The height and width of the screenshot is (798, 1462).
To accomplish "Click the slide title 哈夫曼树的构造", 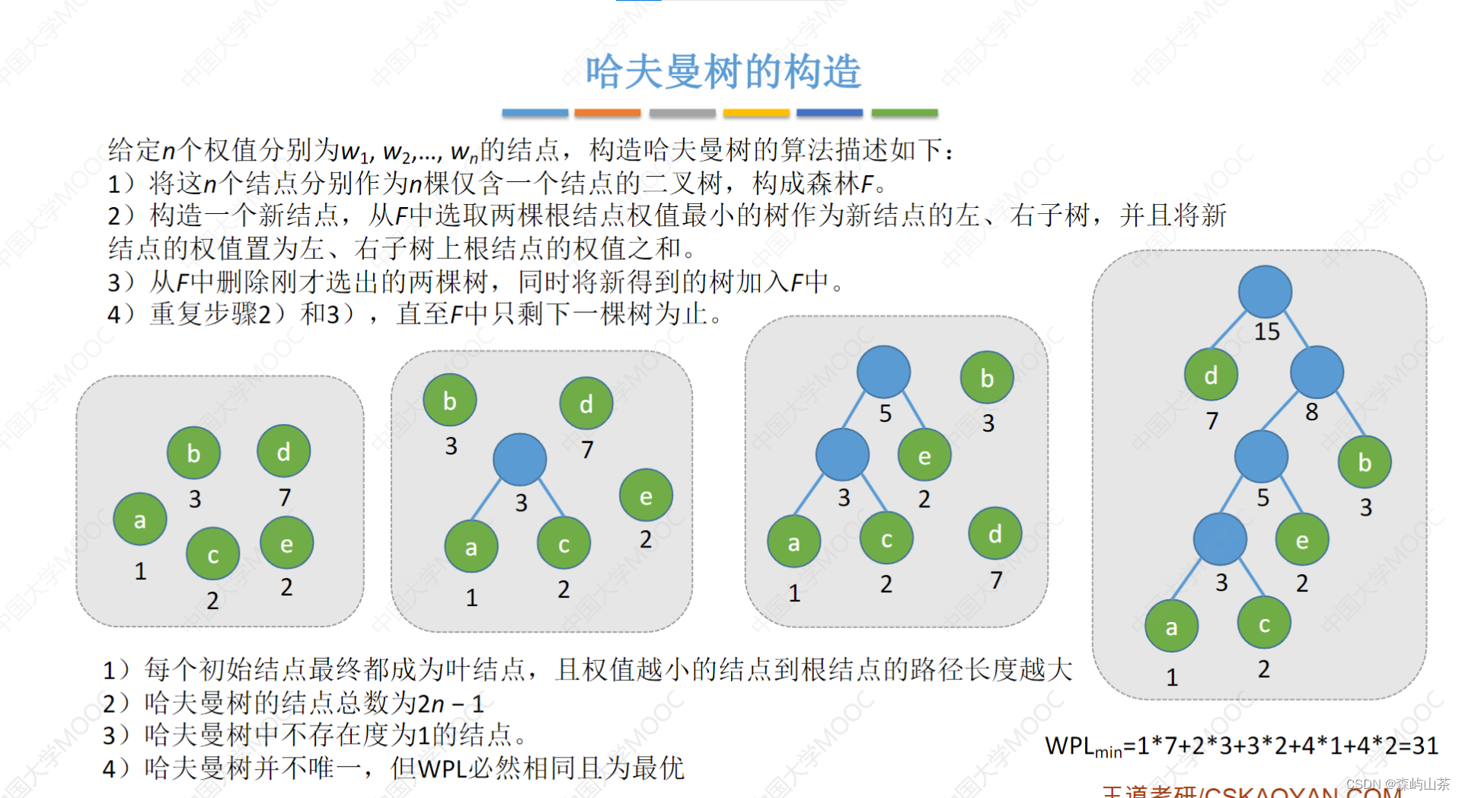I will click(x=723, y=72).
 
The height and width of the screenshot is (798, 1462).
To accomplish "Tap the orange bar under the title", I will click(x=607, y=113).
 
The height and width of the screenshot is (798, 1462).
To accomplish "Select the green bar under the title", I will click(x=904, y=113).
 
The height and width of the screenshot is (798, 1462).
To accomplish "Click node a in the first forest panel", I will click(x=140, y=519).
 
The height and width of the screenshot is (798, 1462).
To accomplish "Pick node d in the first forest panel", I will click(x=283, y=452).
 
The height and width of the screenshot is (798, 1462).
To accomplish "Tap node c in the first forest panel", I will click(x=213, y=554).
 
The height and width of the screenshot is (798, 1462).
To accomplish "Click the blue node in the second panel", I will click(x=520, y=459).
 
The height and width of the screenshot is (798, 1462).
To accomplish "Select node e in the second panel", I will click(x=646, y=496).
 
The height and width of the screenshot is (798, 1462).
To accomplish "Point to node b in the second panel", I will click(x=450, y=401).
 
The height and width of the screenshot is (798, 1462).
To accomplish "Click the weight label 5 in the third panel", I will click(x=885, y=413).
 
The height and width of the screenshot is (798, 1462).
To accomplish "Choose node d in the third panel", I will click(x=994, y=533).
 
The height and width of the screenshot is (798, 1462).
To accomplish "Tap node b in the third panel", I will click(x=987, y=378).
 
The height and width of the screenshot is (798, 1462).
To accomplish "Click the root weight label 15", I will click(x=1267, y=331).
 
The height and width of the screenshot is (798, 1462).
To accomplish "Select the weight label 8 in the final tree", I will click(x=1311, y=412).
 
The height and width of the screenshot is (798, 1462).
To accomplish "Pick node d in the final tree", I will click(x=1211, y=375).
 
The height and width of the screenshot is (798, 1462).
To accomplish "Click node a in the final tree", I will click(x=1171, y=626).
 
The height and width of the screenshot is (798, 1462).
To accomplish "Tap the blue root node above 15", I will click(x=1265, y=292).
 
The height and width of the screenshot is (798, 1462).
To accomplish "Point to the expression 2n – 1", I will click(x=451, y=703).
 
